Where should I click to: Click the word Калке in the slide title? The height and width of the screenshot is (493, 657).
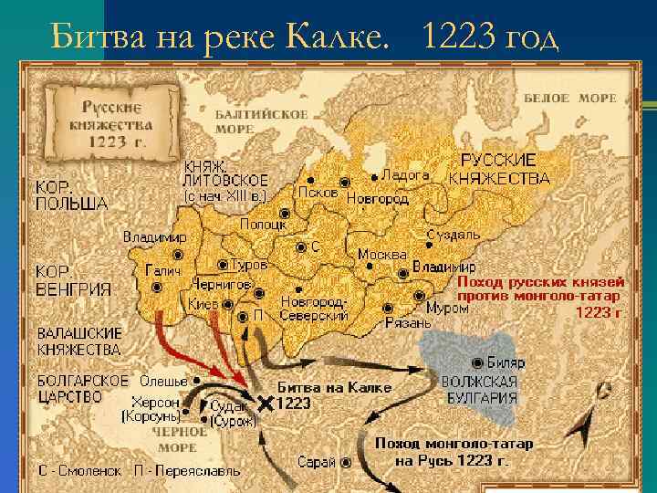click(x=328, y=36)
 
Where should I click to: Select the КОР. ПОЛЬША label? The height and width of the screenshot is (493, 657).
click(x=70, y=195)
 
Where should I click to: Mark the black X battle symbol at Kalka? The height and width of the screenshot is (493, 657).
click(x=266, y=403)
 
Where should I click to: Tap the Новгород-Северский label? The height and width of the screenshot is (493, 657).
click(x=314, y=309)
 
